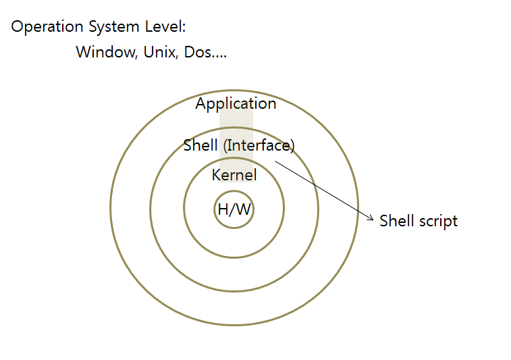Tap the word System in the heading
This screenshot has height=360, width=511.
point(114,28)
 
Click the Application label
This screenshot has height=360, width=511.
point(236,104)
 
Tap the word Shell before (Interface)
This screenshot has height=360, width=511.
point(200,145)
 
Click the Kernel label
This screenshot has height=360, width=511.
point(234,176)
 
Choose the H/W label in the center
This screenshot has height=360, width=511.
point(234,209)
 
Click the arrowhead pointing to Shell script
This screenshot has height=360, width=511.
point(371,218)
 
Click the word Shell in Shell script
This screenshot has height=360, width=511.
point(396,221)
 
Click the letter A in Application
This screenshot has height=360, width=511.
point(201,104)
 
